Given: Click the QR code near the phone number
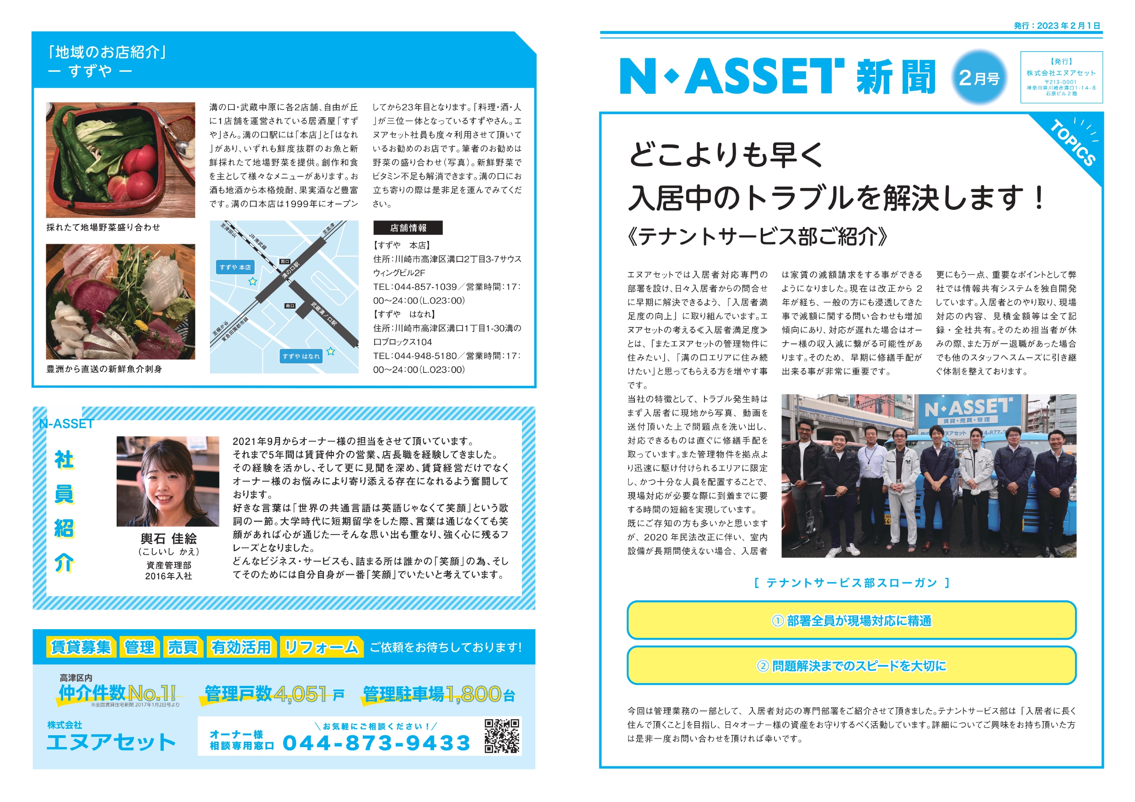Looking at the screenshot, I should (x=502, y=736).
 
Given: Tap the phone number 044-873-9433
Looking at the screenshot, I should (x=376, y=743).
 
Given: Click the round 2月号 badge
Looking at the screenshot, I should (x=979, y=78).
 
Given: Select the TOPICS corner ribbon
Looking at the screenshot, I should (x=1073, y=143).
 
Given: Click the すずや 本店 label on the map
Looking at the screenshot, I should (x=235, y=267).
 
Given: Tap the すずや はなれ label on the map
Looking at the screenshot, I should (x=301, y=356).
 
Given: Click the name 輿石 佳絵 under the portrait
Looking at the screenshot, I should (x=168, y=539).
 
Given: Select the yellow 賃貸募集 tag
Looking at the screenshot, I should (x=81, y=647).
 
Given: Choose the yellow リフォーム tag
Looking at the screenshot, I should (x=321, y=647).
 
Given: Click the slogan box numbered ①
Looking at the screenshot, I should (x=851, y=620).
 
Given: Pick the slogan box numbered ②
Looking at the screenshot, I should (x=851, y=666).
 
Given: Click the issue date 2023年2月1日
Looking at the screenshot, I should (x=1068, y=26).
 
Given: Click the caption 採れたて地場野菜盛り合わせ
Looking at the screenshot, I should (x=103, y=227).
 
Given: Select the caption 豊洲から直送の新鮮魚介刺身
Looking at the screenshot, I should (x=104, y=369).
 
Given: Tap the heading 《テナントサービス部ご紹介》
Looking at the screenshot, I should (x=757, y=236).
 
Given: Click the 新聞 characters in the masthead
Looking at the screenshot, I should (x=896, y=78).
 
